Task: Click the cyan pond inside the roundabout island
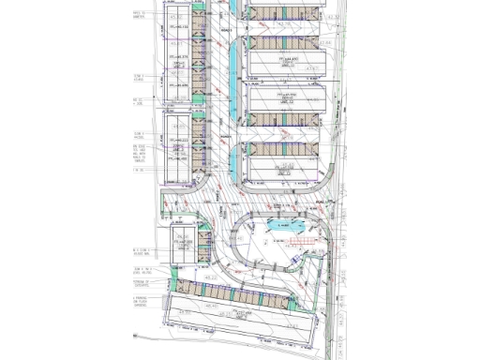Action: click(282, 225)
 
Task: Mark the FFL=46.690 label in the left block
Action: click(178, 83)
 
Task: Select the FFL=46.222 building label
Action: click(178, 141)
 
